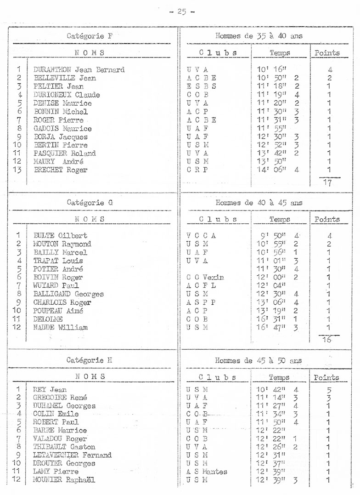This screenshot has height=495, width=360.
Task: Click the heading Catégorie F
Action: point(90,35)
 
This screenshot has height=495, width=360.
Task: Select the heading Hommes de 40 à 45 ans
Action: point(259,202)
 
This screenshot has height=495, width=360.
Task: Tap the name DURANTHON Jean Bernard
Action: point(79,70)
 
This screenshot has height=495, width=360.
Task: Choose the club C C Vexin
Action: point(205,277)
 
